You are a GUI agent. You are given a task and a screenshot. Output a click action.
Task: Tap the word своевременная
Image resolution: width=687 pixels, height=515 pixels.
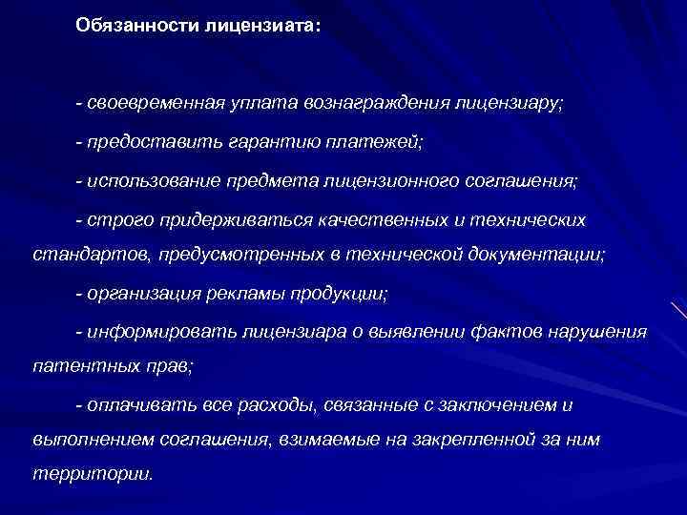[x=156, y=102]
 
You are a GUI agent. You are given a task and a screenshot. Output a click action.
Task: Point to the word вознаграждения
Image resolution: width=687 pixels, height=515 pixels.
[x=378, y=102]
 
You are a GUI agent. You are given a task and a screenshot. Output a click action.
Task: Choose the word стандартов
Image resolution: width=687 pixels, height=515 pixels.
[x=80, y=256]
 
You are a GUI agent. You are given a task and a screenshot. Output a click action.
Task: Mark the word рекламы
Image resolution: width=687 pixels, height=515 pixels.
[x=253, y=294]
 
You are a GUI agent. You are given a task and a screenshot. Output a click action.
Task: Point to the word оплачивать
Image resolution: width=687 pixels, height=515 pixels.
[x=138, y=405]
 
